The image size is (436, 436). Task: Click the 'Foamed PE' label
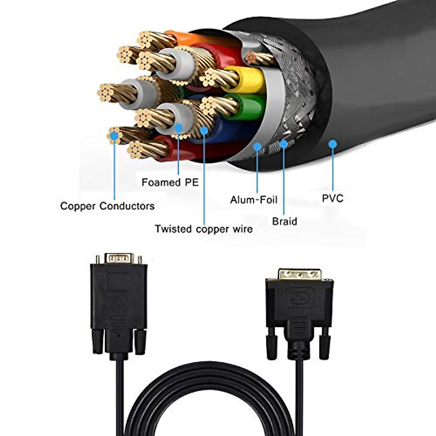[170, 182]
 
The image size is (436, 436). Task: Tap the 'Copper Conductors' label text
[108, 206]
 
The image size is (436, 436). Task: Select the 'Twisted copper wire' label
[203, 229]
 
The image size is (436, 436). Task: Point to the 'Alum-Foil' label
[254, 200]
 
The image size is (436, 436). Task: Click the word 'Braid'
[284, 221]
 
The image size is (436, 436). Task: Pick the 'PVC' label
[332, 198]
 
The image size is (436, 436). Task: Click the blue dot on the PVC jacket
[332, 144]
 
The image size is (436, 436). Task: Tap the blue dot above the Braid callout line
[283, 144]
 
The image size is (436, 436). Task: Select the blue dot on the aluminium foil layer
[257, 147]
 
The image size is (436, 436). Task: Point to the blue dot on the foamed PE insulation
[178, 128]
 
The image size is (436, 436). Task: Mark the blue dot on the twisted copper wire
[204, 130]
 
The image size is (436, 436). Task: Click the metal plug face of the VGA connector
[119, 258]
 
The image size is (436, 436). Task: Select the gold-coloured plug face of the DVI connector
[300, 274]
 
